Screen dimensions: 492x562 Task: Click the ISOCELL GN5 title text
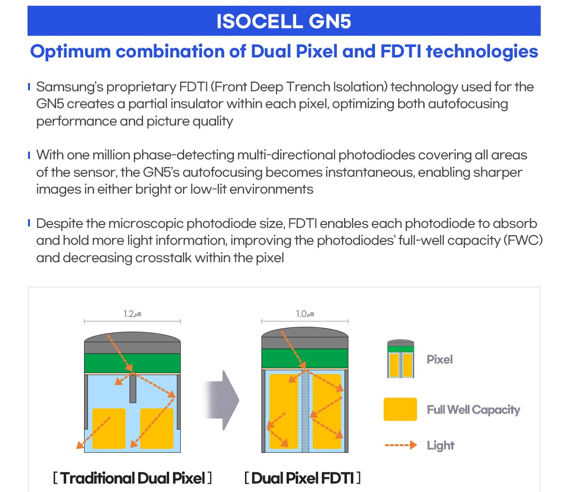coord(284,22)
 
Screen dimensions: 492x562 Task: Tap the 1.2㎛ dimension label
coord(132,314)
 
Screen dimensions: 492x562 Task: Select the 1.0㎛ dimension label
coord(304,314)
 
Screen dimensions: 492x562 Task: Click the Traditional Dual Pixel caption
coord(132,478)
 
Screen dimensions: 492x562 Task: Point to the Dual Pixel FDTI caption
coord(303,478)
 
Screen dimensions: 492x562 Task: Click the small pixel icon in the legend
coord(400,359)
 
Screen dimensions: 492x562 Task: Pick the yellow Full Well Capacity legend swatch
coord(400,409)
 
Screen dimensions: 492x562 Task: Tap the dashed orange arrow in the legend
coord(400,445)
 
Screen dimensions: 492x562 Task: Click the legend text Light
coord(440,445)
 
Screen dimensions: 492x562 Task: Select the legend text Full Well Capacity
coord(473,410)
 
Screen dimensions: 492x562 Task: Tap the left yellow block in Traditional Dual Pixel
coord(109,428)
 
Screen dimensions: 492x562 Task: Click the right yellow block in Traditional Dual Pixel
coord(157,428)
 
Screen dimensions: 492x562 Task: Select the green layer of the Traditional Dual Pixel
coord(132,363)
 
